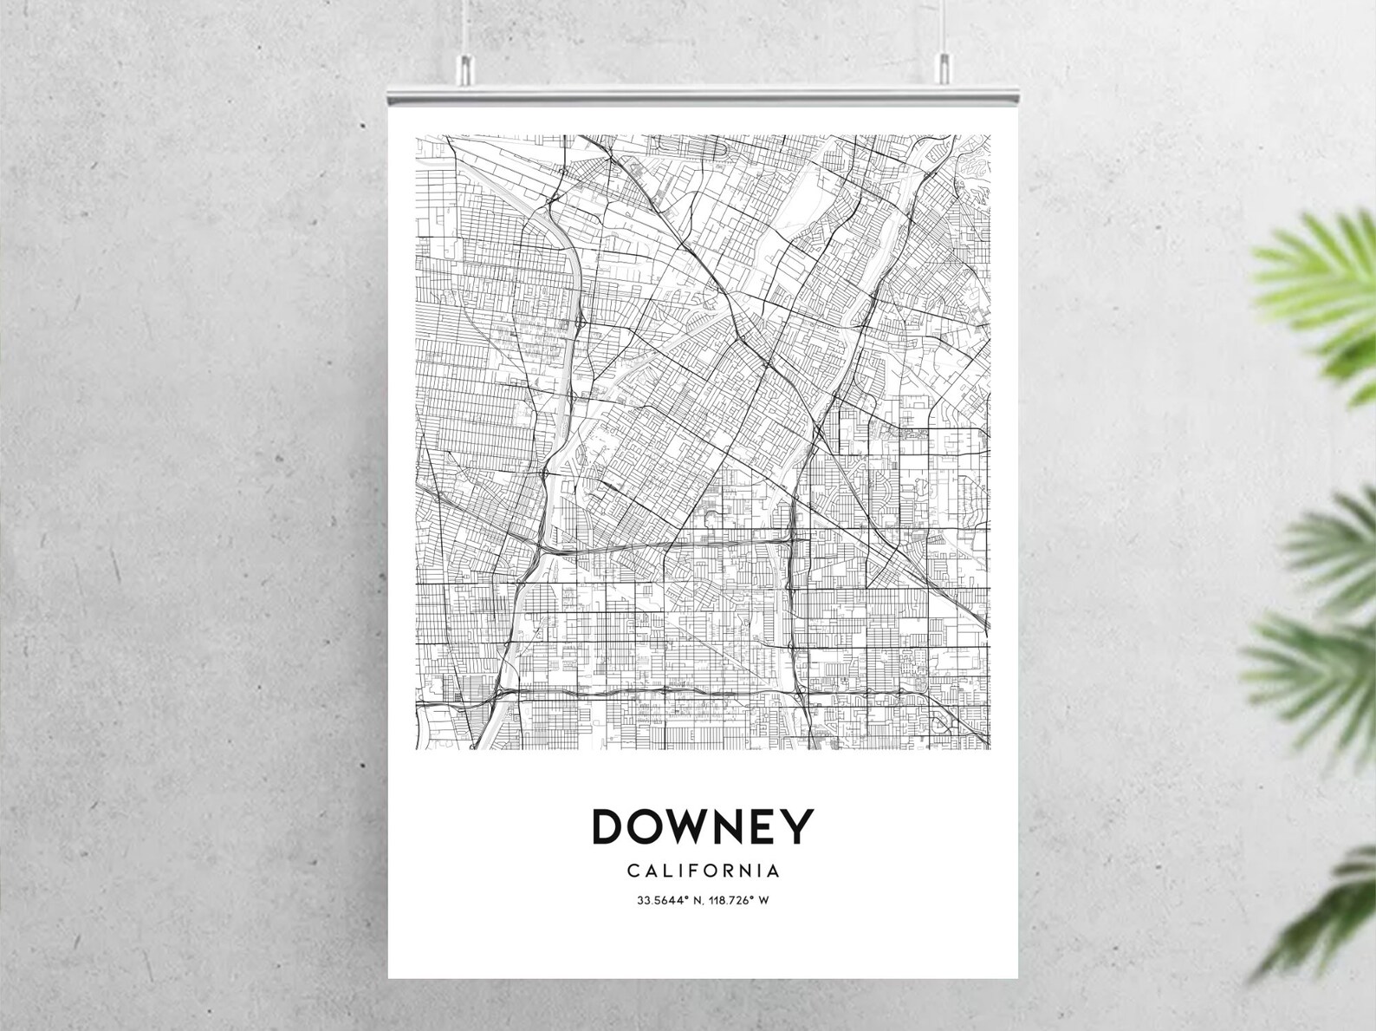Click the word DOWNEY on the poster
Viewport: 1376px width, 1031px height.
click(x=703, y=826)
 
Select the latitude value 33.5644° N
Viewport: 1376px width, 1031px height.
click(x=669, y=900)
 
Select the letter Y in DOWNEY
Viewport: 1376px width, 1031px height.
click(x=801, y=826)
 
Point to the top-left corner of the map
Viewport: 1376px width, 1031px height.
click(x=417, y=136)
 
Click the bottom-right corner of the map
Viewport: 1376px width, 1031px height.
click(x=989, y=747)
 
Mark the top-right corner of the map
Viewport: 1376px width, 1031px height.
click(x=989, y=136)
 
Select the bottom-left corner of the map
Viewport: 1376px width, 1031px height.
click(x=417, y=747)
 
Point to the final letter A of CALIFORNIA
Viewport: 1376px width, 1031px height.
click(x=773, y=870)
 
